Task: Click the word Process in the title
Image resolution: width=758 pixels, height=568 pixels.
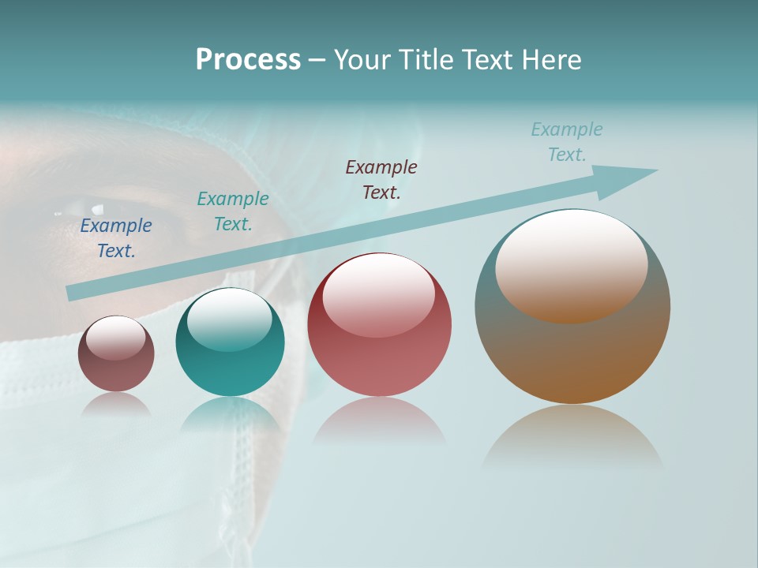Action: [x=248, y=60]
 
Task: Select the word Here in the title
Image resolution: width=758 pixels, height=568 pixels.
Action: [x=552, y=60]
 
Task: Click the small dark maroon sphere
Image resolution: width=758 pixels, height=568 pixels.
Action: [x=116, y=354]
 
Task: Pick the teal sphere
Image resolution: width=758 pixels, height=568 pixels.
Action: [x=230, y=342]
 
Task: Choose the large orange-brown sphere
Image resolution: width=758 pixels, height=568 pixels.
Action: [x=572, y=307]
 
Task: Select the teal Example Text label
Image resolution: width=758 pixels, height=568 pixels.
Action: [x=233, y=211]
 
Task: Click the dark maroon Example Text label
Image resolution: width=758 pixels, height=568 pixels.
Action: [x=381, y=179]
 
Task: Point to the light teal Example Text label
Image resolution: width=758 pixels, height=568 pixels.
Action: [x=567, y=141]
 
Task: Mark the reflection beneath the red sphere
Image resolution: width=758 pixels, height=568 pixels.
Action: [x=379, y=422]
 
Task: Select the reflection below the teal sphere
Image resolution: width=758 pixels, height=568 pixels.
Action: [x=230, y=413]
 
